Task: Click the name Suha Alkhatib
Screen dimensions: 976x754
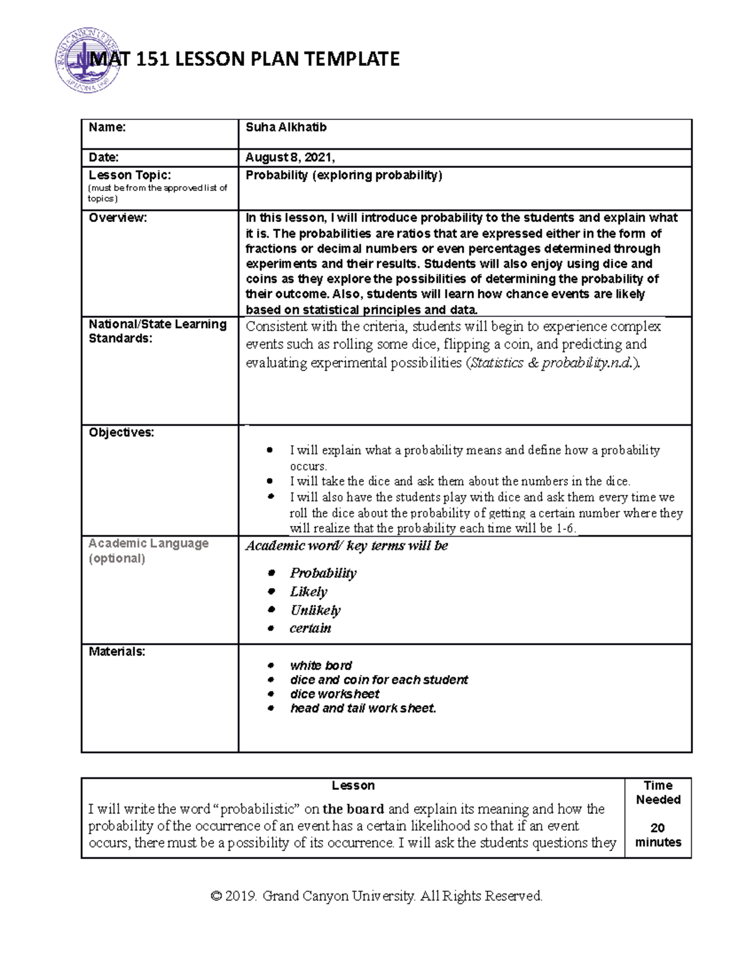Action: click(x=286, y=128)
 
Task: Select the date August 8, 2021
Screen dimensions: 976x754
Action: click(x=290, y=158)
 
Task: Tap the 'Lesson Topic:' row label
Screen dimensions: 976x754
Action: click(x=129, y=175)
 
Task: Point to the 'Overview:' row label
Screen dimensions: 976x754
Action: click(x=118, y=218)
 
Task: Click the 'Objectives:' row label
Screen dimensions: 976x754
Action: click(x=121, y=432)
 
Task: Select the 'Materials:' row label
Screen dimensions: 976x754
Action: click(x=117, y=652)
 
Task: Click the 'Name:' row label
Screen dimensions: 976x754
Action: click(x=107, y=128)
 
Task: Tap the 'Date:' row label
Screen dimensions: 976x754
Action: click(x=104, y=158)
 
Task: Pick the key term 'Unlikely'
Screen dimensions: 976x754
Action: click(x=315, y=610)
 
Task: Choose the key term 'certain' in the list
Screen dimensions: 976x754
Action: click(x=310, y=628)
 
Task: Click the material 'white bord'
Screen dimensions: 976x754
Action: click(x=321, y=666)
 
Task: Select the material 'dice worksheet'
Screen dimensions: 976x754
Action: click(x=335, y=694)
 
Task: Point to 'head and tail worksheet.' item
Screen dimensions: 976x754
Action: click(x=363, y=709)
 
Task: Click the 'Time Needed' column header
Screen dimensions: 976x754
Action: click(x=658, y=792)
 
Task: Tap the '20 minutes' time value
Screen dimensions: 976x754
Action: click(x=658, y=835)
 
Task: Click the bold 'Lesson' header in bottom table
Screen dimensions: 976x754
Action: click(x=353, y=786)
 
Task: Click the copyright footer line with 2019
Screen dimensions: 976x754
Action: click(x=376, y=896)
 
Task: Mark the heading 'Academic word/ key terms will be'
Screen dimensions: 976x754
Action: click(x=347, y=546)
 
